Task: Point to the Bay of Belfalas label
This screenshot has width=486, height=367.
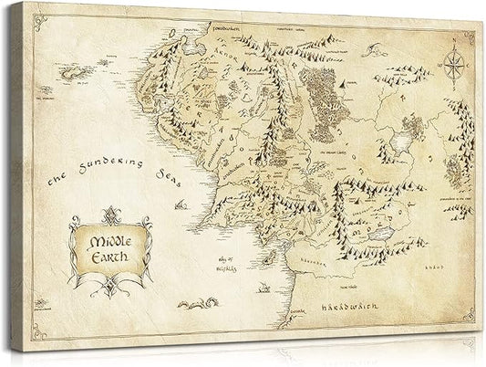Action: coord(224,265)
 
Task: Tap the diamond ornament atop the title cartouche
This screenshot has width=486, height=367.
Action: coord(109,214)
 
